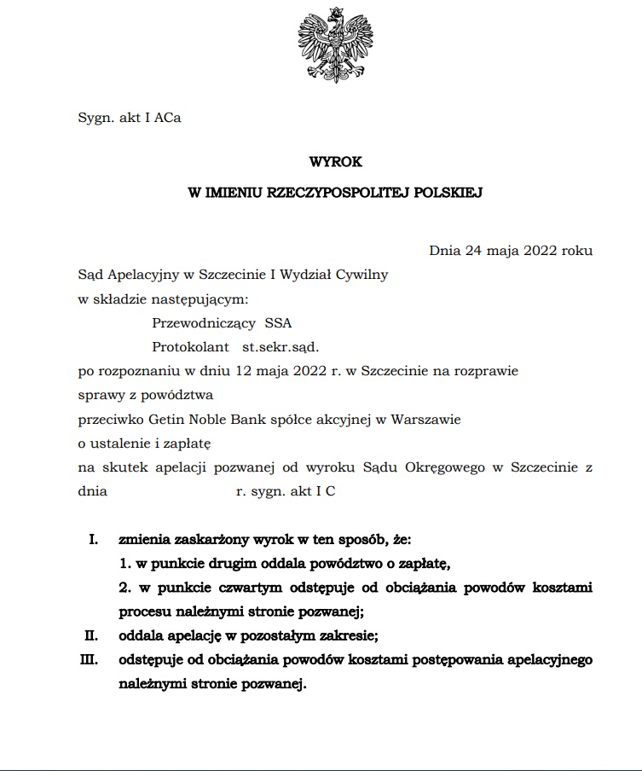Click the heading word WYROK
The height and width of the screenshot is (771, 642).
(335, 160)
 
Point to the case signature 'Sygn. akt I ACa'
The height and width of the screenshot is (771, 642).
(129, 119)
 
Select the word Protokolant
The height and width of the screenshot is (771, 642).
(191, 347)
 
